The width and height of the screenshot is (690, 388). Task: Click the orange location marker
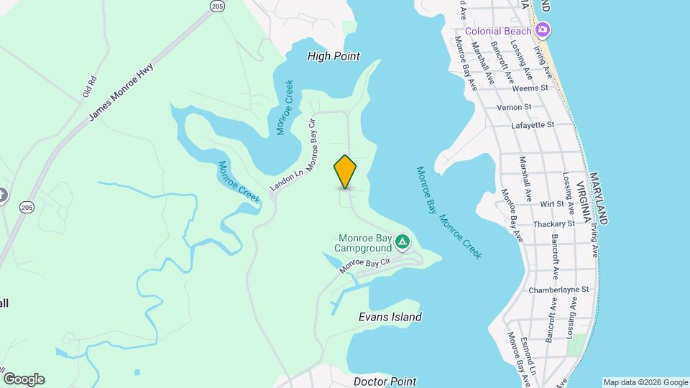tap(345, 172)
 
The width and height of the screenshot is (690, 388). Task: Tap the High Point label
tap(333, 56)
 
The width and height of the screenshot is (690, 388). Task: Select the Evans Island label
tap(390, 317)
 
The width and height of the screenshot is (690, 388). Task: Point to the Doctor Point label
tap(385, 382)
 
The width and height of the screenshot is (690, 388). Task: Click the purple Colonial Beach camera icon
tap(543, 30)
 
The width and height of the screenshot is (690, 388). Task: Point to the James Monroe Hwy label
tap(121, 93)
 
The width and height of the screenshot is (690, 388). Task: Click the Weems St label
tap(530, 88)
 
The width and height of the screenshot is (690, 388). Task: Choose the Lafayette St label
tap(533, 125)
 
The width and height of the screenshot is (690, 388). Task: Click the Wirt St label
tap(552, 204)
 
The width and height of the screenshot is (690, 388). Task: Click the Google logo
tap(24, 379)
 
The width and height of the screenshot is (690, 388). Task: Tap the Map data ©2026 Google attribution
tap(645, 382)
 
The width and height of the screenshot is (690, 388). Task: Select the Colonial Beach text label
tap(498, 31)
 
